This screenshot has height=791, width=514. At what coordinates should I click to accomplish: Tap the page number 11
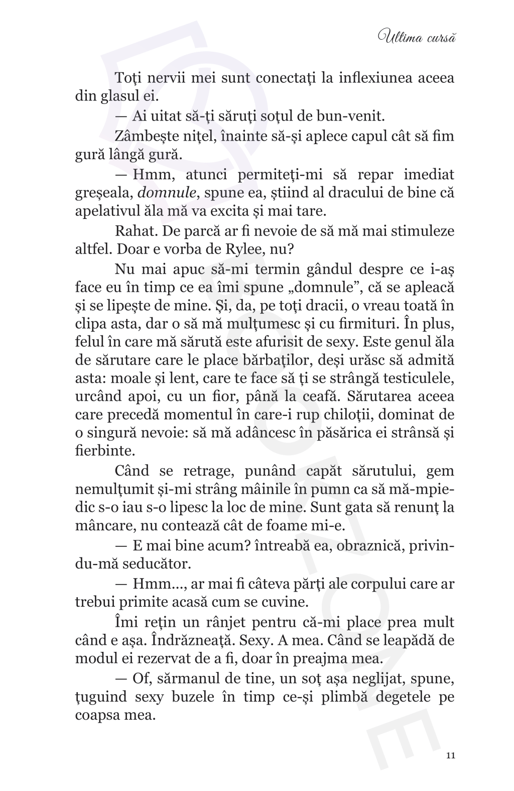coord(450,755)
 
